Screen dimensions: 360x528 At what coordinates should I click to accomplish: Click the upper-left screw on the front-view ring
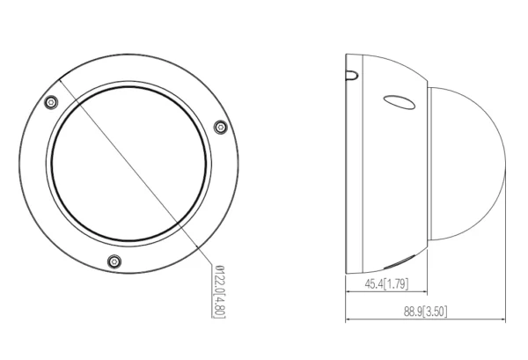click(52, 102)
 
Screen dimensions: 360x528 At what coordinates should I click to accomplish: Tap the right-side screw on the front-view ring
click(219, 127)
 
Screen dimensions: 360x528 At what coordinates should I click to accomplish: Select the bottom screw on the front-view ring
click(114, 261)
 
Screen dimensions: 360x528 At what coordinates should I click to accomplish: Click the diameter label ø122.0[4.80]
click(217, 293)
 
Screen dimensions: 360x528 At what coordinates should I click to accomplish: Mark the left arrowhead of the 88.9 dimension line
click(349, 320)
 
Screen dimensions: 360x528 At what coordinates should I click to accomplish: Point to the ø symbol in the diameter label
click(217, 272)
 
